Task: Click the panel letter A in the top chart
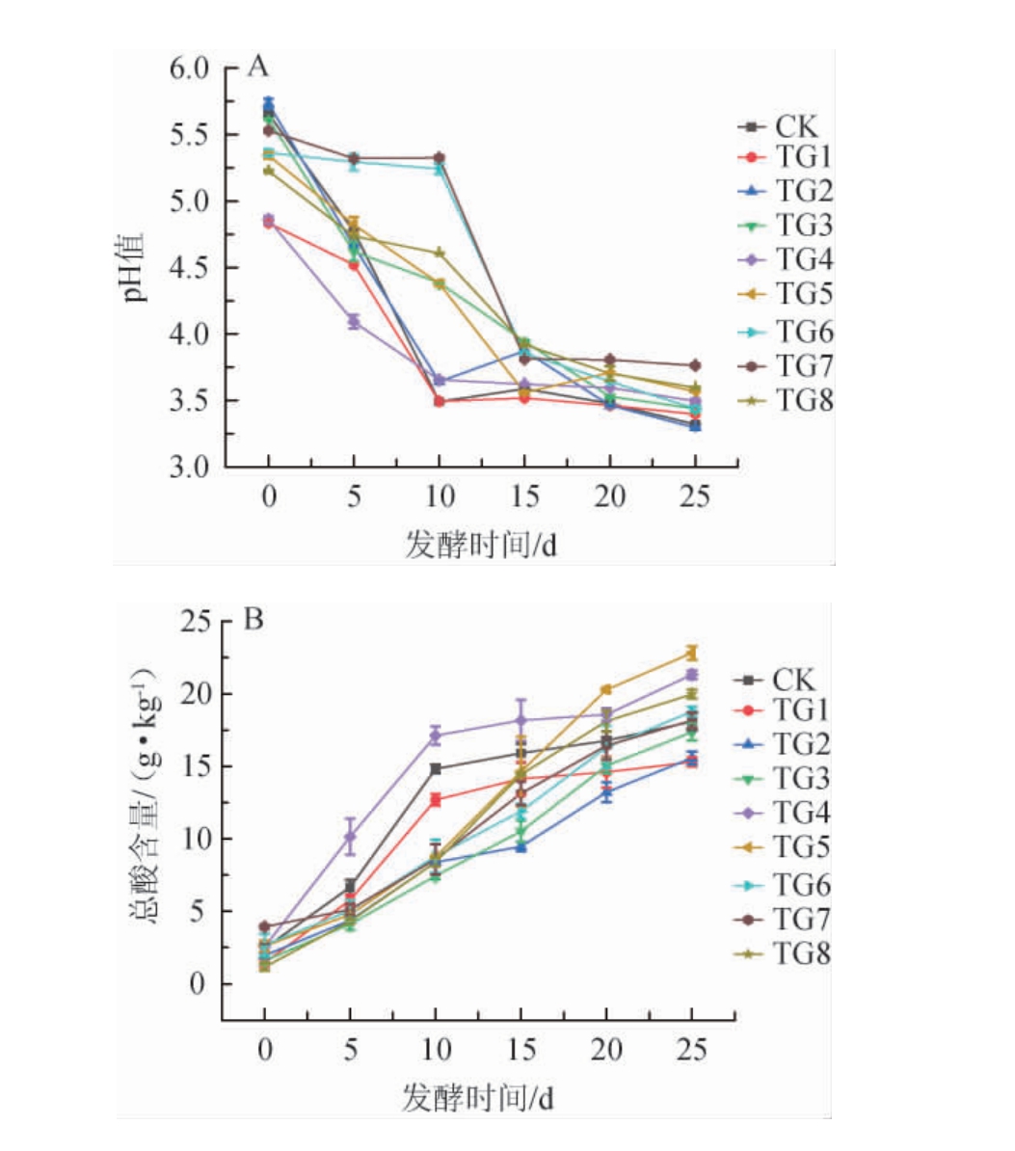[x=257, y=67]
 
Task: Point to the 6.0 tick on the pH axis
[x=190, y=68]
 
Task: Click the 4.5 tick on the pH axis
[x=190, y=268]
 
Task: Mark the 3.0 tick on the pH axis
[x=190, y=468]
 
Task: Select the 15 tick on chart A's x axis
[x=523, y=496]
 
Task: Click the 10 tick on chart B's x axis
[x=436, y=1050]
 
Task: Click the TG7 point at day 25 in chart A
[x=694, y=365]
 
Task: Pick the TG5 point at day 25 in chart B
[x=691, y=653]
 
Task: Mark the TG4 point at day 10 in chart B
[x=436, y=736]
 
